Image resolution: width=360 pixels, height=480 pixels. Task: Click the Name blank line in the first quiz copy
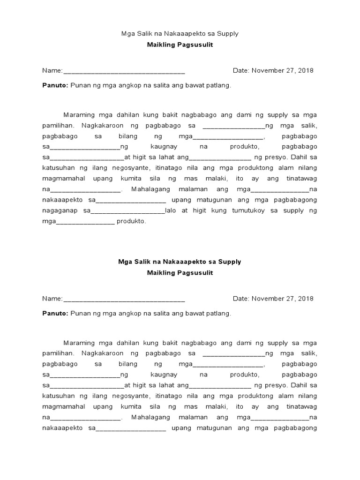pyautogui.click(x=124, y=72)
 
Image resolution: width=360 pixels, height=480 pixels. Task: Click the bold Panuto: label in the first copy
pyautogui.click(x=55, y=86)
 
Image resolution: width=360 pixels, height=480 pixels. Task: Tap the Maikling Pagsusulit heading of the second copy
pyautogui.click(x=180, y=273)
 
